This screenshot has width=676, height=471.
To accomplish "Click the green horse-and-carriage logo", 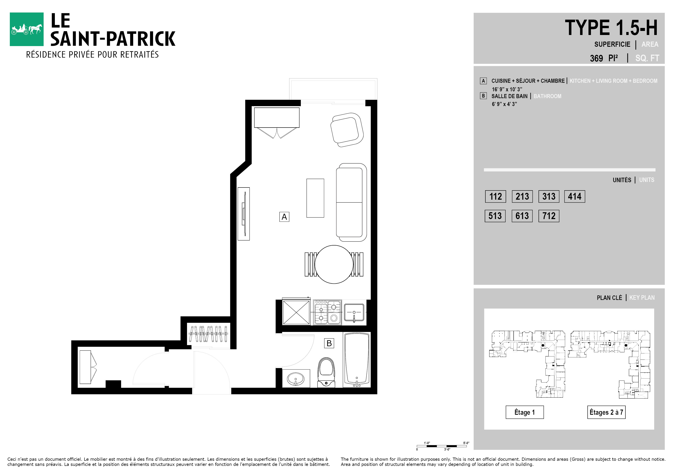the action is pos(26,29).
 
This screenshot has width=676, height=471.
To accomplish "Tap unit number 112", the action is pos(495,196).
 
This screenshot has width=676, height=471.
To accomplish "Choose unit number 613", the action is pos(522,216).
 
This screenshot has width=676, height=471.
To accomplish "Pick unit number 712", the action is pos(549,216).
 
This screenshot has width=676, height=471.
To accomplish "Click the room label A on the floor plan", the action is pos(284,217).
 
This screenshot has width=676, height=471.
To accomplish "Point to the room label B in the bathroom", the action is pos(329,343).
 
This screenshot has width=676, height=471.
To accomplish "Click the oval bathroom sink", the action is pos(296,379).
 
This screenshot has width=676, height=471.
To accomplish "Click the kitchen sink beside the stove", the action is pos(354,313).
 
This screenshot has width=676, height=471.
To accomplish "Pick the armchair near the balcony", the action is pos(347,130).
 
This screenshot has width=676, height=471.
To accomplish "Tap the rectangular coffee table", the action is pos(315,198).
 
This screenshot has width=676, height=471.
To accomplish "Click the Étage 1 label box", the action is pos(525,412).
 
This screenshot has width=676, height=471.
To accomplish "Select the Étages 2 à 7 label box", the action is pos(606,412).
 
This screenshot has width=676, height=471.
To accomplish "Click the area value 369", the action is pos(596,58).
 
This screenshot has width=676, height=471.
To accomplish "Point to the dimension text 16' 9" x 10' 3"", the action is pos(507,89).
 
